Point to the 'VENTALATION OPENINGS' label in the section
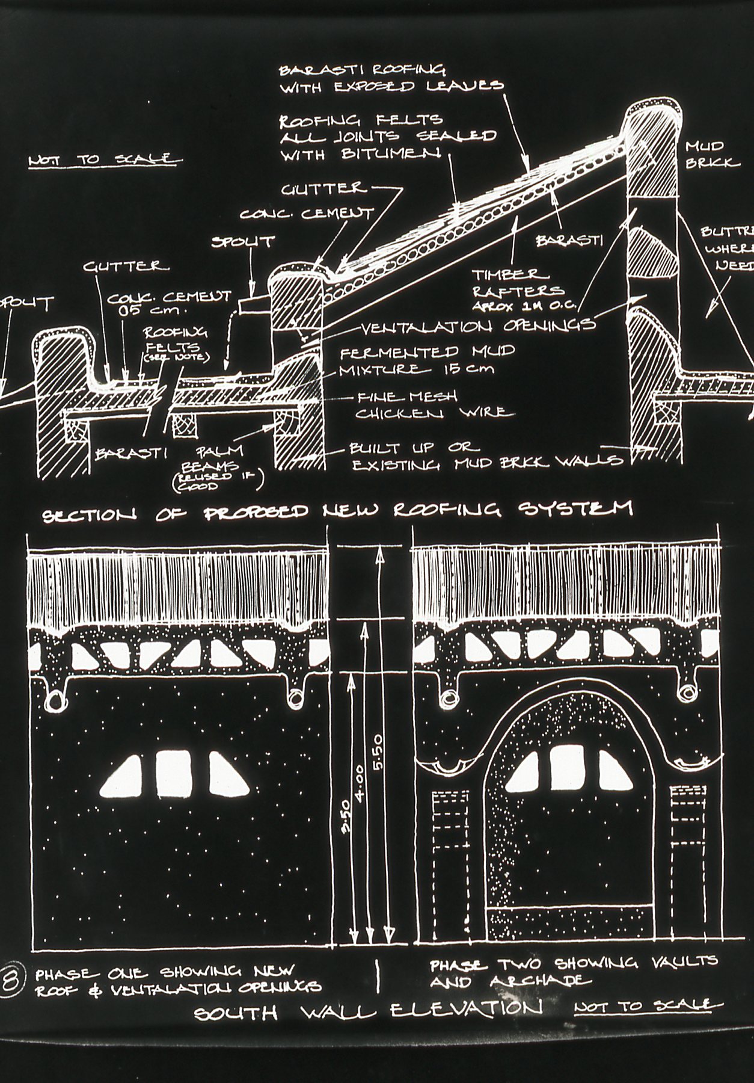click(478, 326)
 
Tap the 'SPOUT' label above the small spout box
click(242, 242)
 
